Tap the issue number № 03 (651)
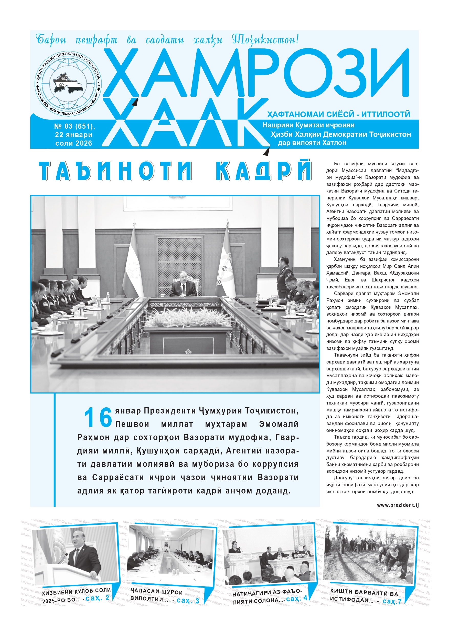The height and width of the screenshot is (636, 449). (x=74, y=126)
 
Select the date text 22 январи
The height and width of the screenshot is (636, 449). (x=73, y=135)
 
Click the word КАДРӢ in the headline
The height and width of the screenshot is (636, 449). (x=263, y=171)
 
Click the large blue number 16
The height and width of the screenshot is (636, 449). (x=98, y=417)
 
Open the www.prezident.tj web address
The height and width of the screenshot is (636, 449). (x=398, y=505)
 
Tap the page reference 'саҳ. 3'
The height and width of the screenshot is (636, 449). (x=188, y=600)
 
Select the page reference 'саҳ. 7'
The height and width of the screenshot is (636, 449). (x=392, y=601)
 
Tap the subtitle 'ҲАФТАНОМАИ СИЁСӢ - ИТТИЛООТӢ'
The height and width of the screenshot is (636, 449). (x=338, y=114)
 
